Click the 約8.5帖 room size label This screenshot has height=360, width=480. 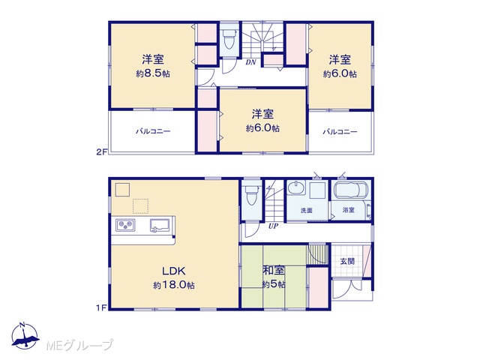[153, 73]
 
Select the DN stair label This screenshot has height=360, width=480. [250, 62]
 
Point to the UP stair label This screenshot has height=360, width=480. [273, 226]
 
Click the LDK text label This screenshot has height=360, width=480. [173, 271]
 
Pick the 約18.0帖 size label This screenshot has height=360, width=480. [174, 285]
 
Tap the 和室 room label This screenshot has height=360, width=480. [274, 270]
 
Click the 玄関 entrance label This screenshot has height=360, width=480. [347, 261]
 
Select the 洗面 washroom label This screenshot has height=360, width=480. [306, 210]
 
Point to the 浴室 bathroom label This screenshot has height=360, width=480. [348, 210]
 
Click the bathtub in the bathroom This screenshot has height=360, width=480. [351, 190]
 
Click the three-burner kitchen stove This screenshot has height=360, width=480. [125, 225]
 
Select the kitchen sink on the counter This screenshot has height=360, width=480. [160, 226]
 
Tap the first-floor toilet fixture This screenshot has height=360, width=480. [251, 195]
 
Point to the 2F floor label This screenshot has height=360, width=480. [101, 151]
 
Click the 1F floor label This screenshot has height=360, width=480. [102, 307]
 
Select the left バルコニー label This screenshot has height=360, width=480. [153, 131]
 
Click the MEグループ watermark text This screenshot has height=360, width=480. [79, 345]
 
